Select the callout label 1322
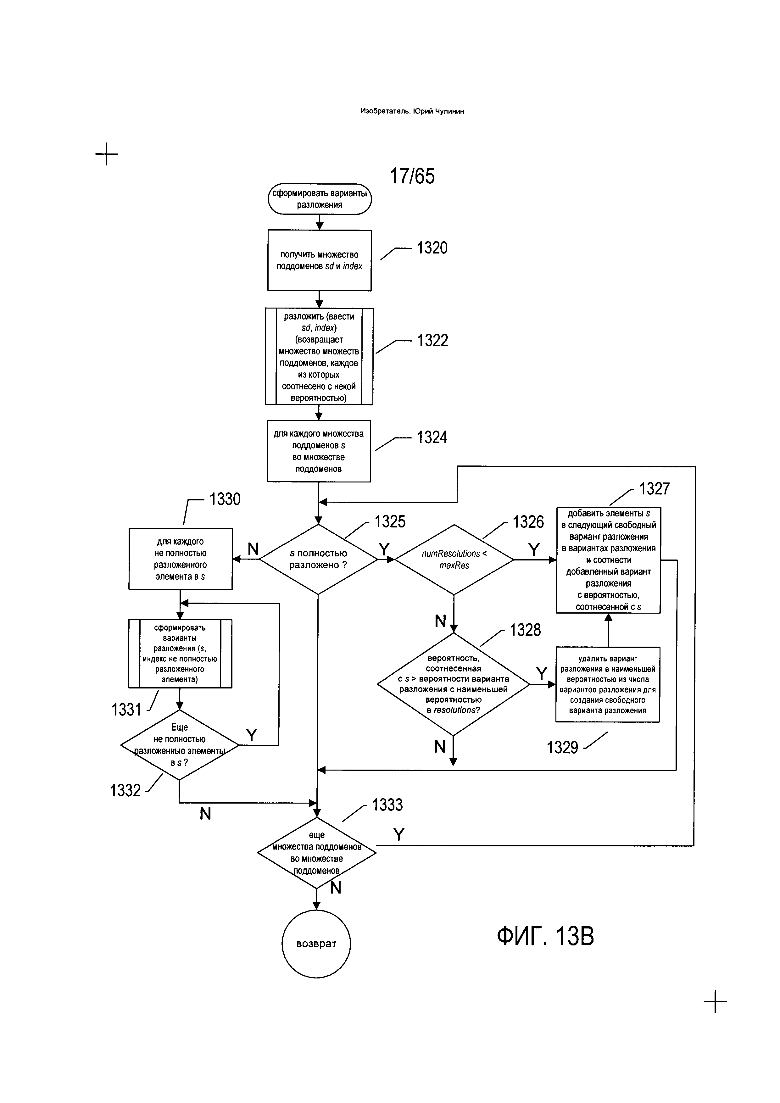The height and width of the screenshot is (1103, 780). [x=432, y=341]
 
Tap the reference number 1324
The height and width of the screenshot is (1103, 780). [x=432, y=437]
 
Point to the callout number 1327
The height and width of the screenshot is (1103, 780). [x=654, y=489]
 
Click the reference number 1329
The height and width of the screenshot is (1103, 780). [x=562, y=748]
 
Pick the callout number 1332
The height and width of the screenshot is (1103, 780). [x=125, y=790]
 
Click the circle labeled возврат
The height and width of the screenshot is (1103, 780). [x=316, y=944]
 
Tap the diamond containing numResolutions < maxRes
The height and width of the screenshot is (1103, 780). [x=454, y=560]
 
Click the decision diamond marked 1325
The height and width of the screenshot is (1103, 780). [x=318, y=560]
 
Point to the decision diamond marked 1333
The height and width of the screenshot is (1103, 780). [x=316, y=853]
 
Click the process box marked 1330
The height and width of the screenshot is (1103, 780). [x=180, y=559]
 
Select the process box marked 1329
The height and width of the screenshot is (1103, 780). [x=608, y=685]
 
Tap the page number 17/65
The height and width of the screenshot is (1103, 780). [x=412, y=176]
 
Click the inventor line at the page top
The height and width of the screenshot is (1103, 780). [x=412, y=111]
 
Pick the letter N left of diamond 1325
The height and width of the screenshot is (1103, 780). [x=253, y=549]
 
